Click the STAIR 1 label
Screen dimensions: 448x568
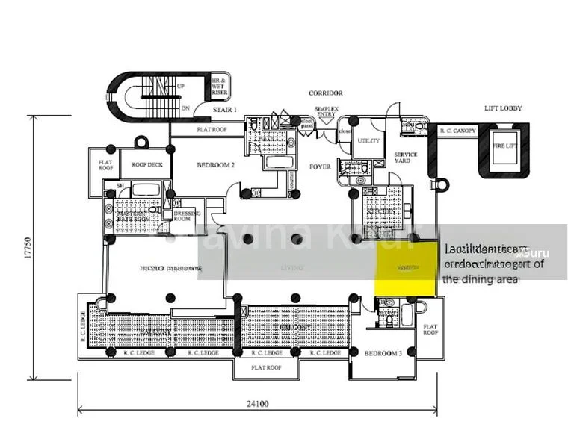point(224,110)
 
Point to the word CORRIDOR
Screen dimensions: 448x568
point(325,93)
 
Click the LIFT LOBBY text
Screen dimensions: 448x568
point(503,108)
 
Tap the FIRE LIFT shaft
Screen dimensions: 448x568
point(503,147)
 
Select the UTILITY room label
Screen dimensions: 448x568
point(368,140)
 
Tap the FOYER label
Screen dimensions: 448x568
point(320,167)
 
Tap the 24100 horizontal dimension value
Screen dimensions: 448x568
point(258,404)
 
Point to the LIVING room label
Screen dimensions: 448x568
point(291,267)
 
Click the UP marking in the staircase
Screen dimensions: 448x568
point(180,87)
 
